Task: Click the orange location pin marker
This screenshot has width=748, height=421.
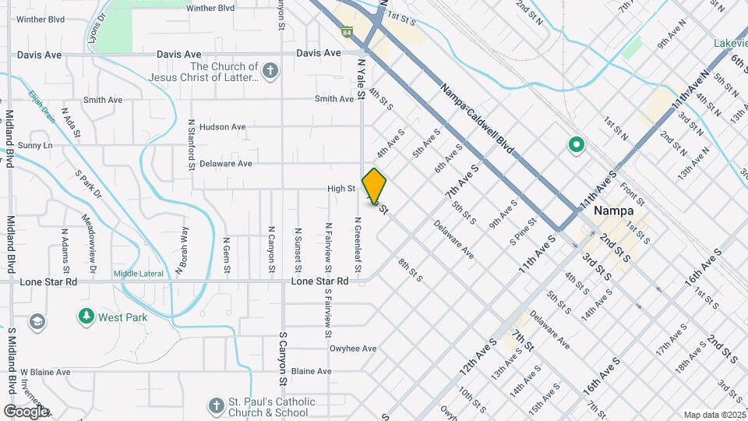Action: [375, 186]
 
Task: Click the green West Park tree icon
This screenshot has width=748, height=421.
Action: [86, 317]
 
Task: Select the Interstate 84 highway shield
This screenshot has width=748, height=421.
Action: [347, 32]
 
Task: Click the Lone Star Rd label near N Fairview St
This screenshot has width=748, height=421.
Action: [319, 281]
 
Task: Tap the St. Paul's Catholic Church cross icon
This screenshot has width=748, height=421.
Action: [217, 405]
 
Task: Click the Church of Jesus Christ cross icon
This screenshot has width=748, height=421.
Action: [270, 72]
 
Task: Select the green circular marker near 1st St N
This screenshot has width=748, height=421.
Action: [576, 145]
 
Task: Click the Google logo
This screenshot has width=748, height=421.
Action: [26, 411]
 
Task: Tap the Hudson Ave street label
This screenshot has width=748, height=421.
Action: [222, 127]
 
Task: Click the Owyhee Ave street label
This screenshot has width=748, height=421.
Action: [353, 348]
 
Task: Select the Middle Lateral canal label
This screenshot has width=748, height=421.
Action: [139, 274]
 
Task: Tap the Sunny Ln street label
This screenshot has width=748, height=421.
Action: [35, 146]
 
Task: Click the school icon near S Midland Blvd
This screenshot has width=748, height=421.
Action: [37, 321]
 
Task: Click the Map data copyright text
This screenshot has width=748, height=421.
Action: [714, 415]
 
